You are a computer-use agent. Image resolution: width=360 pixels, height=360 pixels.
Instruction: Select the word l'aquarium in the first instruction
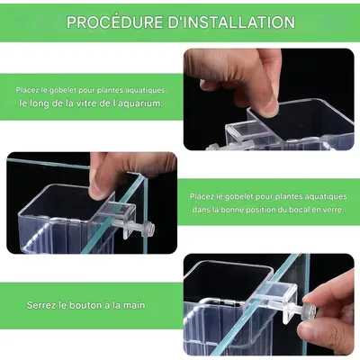point(139,103)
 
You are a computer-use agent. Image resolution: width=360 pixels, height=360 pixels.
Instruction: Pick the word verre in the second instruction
point(333,210)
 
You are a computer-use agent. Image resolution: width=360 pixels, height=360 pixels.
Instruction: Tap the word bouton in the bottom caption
point(85,305)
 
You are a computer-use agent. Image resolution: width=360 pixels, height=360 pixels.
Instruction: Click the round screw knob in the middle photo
point(148,229)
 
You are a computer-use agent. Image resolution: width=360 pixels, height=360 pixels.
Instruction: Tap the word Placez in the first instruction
point(27,90)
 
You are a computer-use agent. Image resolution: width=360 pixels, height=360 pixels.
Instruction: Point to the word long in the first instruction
point(40,104)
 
